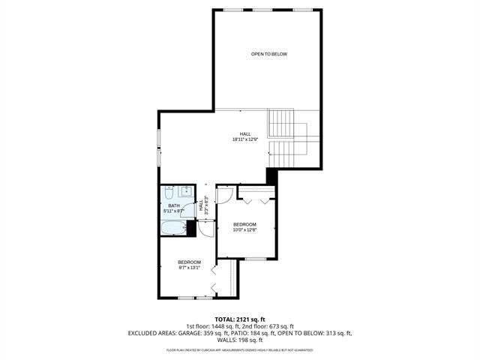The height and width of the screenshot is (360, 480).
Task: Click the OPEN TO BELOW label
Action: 268,54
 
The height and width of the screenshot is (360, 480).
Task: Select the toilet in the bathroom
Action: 169,193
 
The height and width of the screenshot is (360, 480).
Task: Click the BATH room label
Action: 173,206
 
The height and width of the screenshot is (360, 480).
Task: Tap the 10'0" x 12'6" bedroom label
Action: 244,227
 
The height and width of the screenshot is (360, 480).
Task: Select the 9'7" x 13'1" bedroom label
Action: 189,265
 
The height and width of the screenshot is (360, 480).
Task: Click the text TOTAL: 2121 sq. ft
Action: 239,318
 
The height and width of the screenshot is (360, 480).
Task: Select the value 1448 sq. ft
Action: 214,325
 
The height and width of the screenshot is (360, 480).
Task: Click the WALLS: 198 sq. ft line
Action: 240,340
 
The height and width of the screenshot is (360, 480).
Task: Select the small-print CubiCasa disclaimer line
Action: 239,349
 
